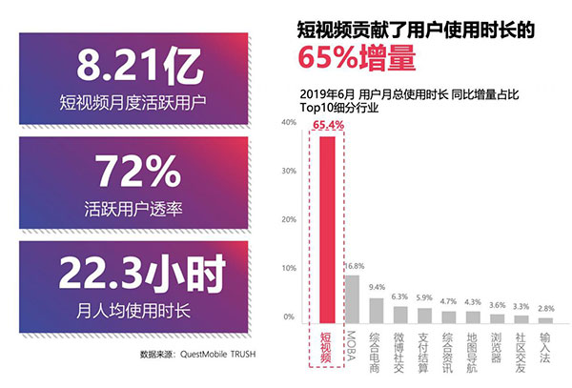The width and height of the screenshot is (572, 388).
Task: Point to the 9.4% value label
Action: (377, 287)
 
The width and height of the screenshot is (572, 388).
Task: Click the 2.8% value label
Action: (544, 308)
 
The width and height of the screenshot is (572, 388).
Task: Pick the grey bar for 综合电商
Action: (376, 310)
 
